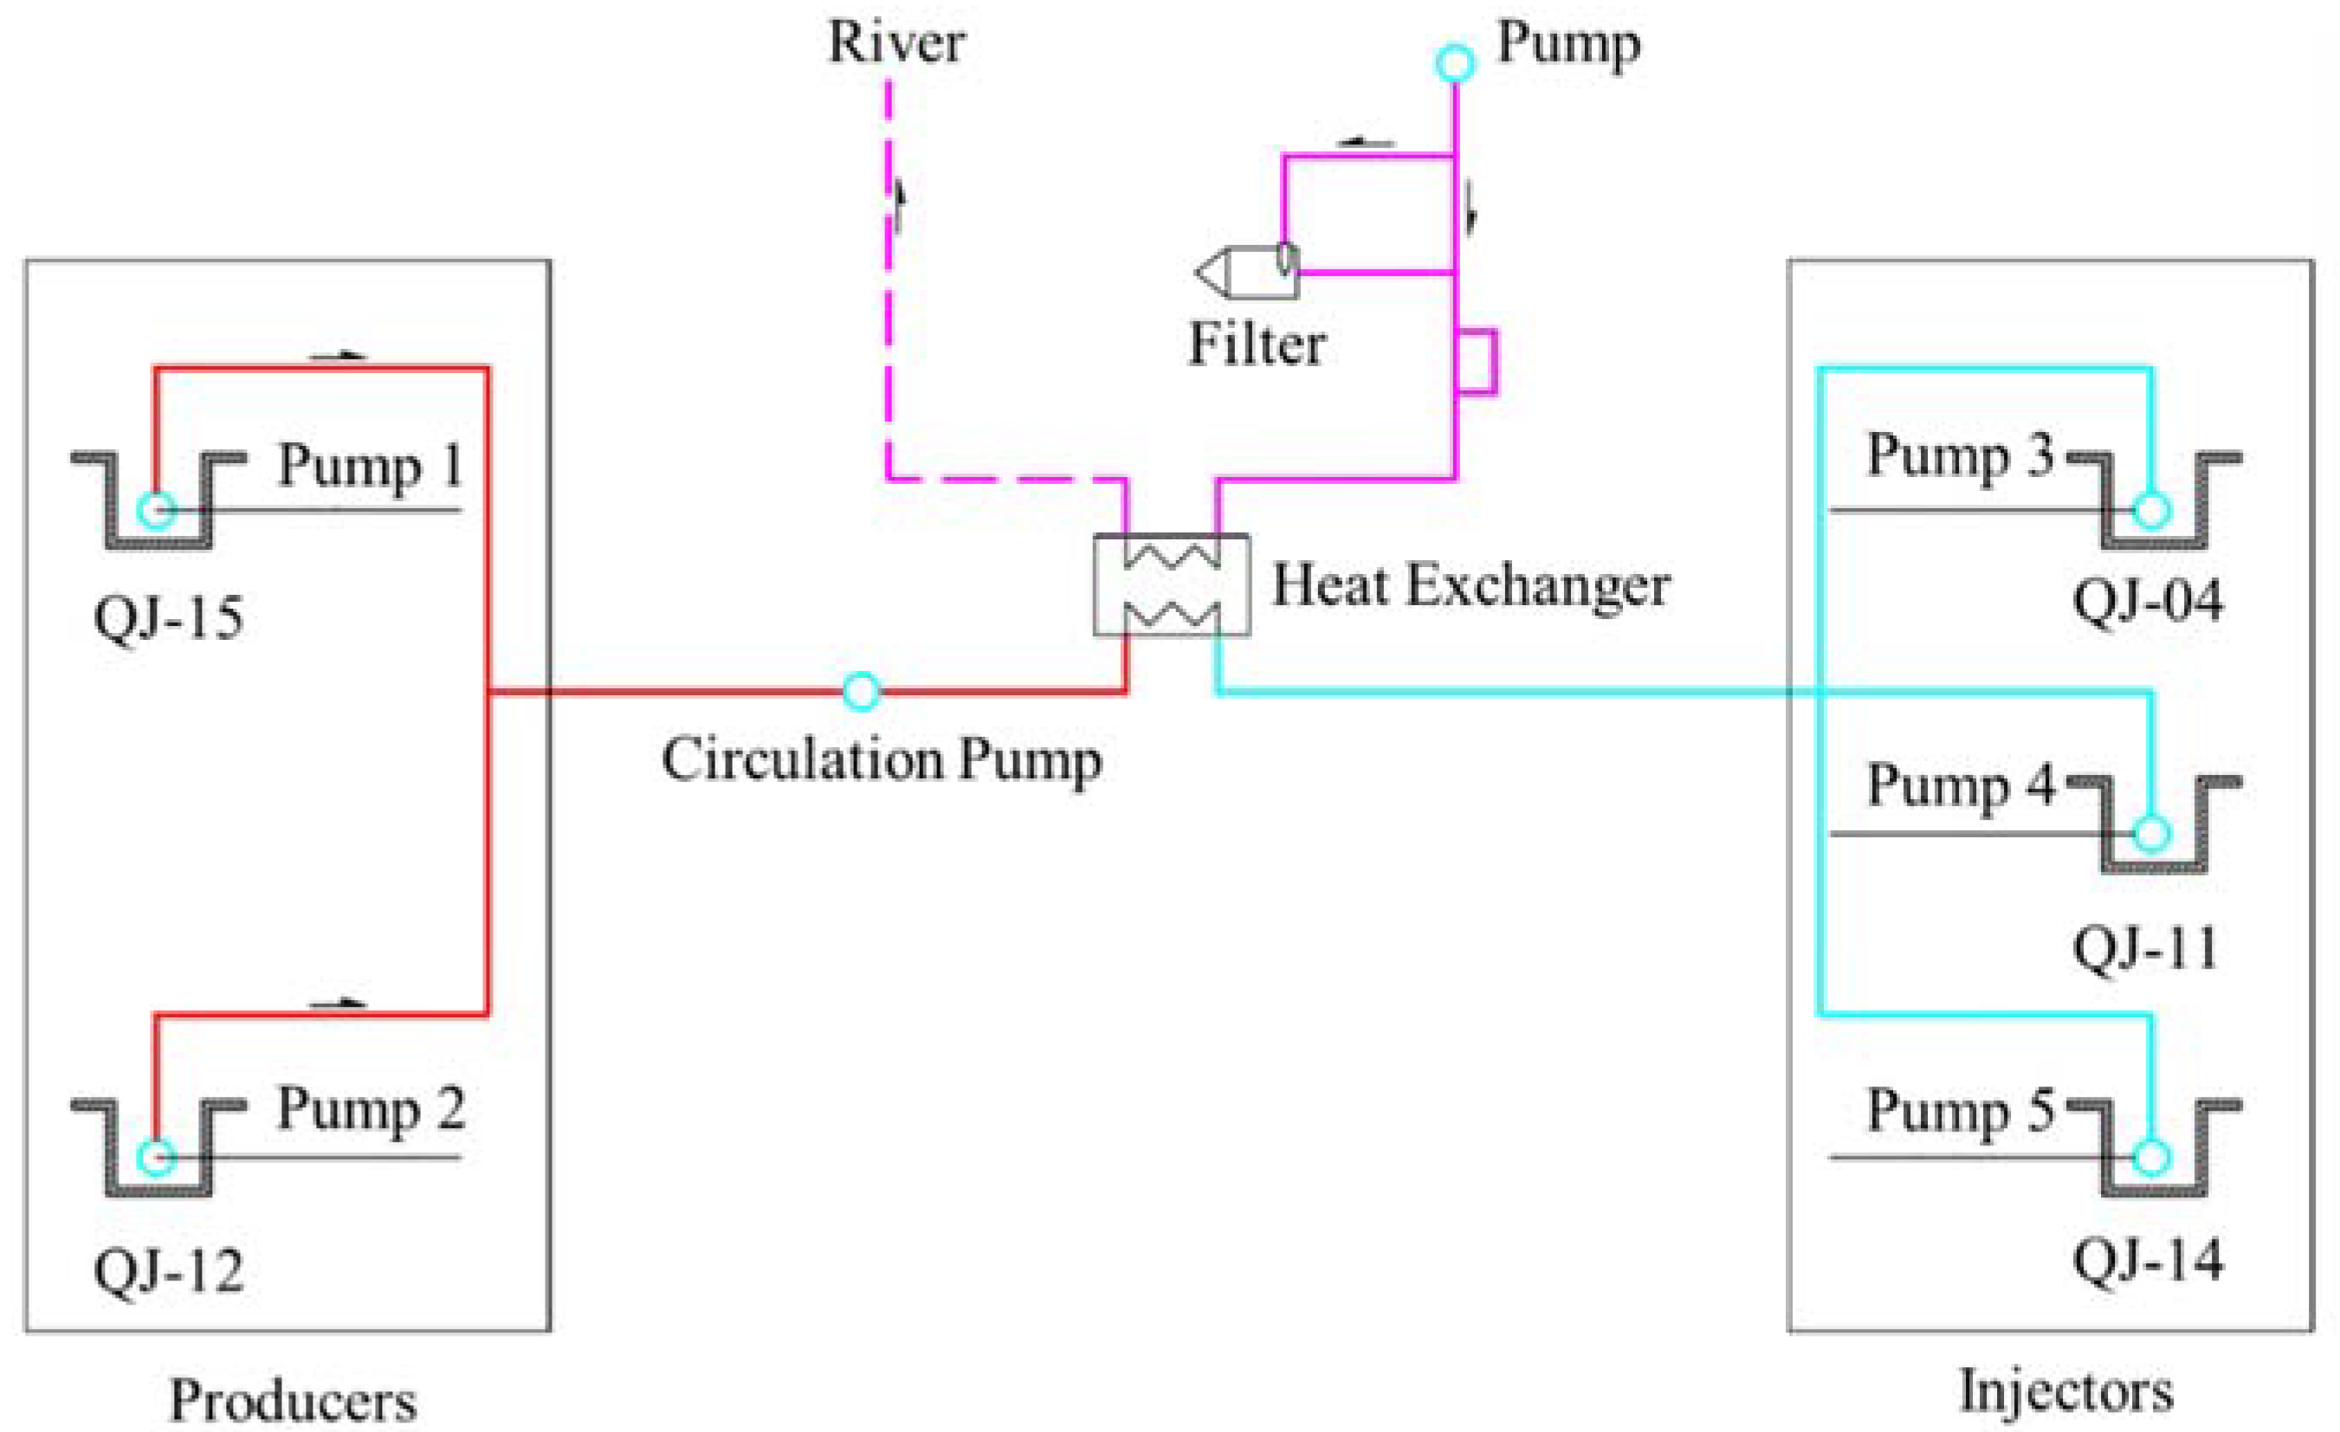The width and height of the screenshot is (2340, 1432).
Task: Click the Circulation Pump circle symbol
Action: pyautogui.click(x=861, y=691)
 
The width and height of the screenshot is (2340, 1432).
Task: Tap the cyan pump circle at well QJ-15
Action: pyautogui.click(x=157, y=510)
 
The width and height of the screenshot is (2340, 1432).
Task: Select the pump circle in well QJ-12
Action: pyautogui.click(x=157, y=1158)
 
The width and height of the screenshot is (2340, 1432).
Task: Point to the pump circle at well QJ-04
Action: pyautogui.click(x=2152, y=510)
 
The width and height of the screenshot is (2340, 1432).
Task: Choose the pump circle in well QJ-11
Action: pyautogui.click(x=2152, y=834)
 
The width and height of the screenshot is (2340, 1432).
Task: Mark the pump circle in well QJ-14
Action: pyautogui.click(x=2152, y=1158)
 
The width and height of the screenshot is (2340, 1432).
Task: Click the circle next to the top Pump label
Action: pyautogui.click(x=1454, y=63)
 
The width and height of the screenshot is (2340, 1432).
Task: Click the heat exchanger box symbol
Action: pyautogui.click(x=1171, y=585)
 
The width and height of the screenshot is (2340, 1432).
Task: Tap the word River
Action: pyautogui.click(x=896, y=42)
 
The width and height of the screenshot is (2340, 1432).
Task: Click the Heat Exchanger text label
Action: pyautogui.click(x=1471, y=586)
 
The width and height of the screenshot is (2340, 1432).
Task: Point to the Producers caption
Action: pyautogui.click(x=293, y=1400)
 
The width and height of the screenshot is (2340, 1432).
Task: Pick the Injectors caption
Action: pyautogui.click(x=2066, y=1392)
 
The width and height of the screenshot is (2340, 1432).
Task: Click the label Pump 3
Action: pyautogui.click(x=1960, y=455)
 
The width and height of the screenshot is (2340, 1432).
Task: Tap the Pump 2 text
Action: pyautogui.click(x=371, y=1108)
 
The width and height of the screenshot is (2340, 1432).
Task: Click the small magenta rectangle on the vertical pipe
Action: pyautogui.click(x=1477, y=360)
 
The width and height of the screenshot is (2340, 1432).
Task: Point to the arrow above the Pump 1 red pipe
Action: pyautogui.click(x=338, y=356)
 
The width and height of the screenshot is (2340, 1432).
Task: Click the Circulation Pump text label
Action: pyautogui.click(x=882, y=759)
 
